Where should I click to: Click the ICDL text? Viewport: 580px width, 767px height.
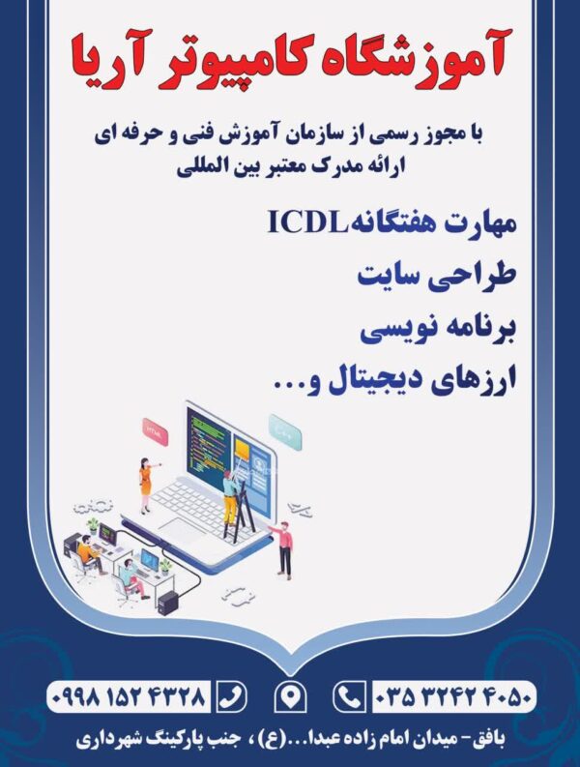(x=308, y=221)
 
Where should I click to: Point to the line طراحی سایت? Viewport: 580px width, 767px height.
(x=437, y=276)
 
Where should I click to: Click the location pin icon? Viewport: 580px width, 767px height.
(x=290, y=695)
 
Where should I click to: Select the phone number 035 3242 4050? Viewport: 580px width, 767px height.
(x=453, y=695)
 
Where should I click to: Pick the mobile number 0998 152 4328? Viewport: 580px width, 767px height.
(x=129, y=695)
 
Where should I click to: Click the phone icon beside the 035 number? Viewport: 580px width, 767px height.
(x=350, y=695)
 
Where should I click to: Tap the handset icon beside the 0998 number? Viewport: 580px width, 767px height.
(x=230, y=695)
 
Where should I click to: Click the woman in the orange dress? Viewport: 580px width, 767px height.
(x=146, y=485)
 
